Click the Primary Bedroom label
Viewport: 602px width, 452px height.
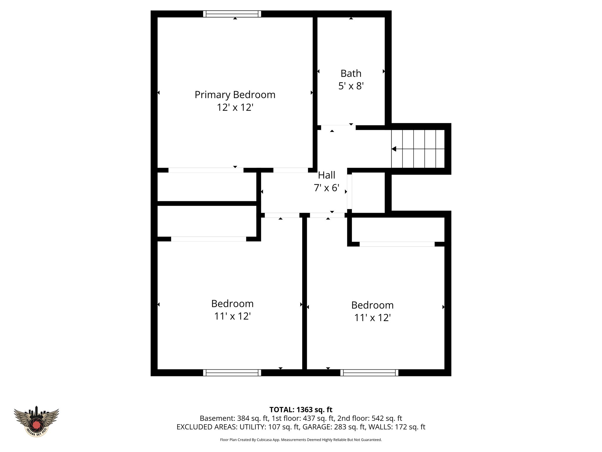(x=235, y=95)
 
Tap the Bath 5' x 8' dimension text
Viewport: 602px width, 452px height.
(x=351, y=86)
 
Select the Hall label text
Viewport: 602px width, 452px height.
(x=327, y=175)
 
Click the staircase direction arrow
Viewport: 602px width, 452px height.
(x=394, y=149)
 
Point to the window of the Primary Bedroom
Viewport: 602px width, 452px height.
(x=232, y=14)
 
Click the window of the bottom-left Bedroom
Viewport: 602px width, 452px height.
(x=232, y=373)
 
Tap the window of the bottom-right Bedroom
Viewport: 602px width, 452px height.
(x=369, y=373)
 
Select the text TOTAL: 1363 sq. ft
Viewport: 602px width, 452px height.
(x=301, y=410)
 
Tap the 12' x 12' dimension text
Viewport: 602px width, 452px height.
(x=235, y=107)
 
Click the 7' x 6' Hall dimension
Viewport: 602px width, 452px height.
(x=327, y=188)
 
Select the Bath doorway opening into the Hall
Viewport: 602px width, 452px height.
(x=338, y=127)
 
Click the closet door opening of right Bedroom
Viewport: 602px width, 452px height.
(x=397, y=244)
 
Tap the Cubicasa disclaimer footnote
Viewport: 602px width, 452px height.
(x=301, y=440)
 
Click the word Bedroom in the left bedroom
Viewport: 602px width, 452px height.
(x=232, y=303)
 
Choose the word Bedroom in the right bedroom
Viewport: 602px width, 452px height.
(x=372, y=305)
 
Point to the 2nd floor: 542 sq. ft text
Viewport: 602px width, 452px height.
(x=369, y=418)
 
